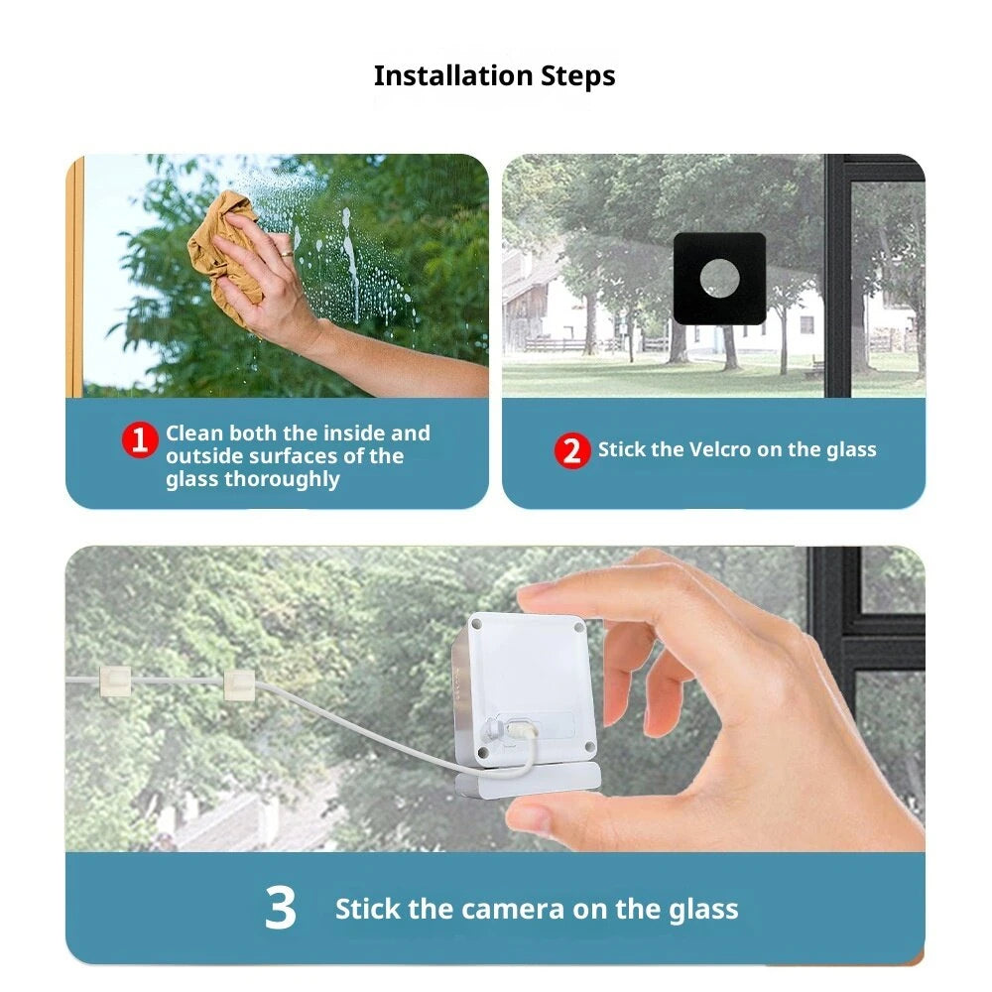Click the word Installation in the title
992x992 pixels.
453,76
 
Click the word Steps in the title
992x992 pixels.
577,77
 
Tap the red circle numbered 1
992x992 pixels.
140,439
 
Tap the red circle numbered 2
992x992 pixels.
572,450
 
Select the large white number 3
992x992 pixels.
281,908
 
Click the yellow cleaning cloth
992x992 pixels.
224,253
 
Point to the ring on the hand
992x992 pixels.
287,254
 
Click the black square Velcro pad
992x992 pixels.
719,279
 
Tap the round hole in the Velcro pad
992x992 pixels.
719,279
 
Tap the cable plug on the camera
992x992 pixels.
520,731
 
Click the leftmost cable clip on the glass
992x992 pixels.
115,682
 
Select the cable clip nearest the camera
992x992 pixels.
239,685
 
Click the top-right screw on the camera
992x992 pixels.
578,628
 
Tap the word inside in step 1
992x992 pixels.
347,434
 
